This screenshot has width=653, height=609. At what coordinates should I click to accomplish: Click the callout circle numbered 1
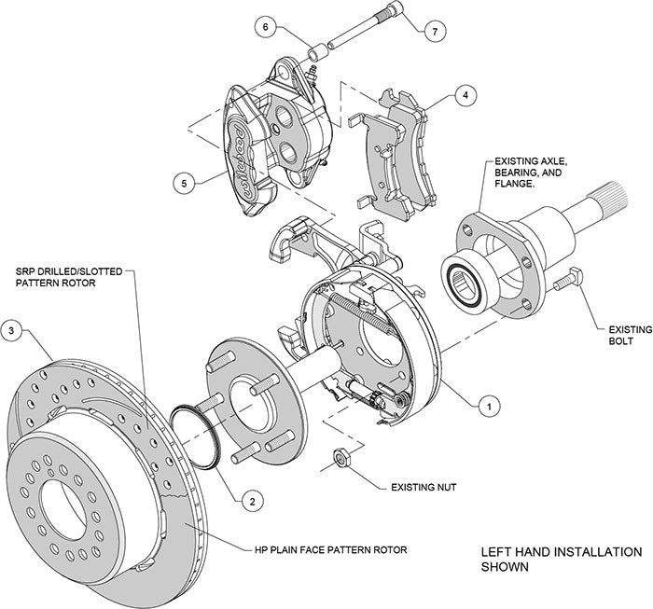coord(486,405)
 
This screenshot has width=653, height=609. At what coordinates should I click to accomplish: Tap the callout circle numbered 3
coord(12,329)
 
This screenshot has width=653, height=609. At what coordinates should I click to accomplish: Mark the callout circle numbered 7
coord(432,32)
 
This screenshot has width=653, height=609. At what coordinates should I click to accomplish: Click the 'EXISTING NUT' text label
coord(417,487)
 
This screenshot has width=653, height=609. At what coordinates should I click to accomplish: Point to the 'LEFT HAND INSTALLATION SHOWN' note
coord(548,559)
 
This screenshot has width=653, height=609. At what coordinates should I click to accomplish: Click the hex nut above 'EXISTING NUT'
coord(341,457)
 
